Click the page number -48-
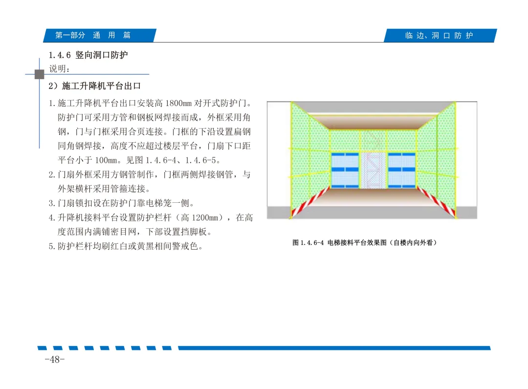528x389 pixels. pyautogui.click(x=55, y=359)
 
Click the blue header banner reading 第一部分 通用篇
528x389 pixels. pyautogui.click(x=100, y=35)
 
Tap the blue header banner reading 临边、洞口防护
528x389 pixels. pyautogui.click(x=440, y=35)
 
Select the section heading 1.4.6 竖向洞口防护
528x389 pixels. pyautogui.click(x=88, y=55)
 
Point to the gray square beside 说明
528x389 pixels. pyautogui.click(x=40, y=74)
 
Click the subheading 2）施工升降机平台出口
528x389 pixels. pyautogui.click(x=95, y=86)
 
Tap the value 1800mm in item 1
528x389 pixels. pyautogui.click(x=178, y=103)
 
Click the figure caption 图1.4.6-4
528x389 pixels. pyautogui.click(x=308, y=242)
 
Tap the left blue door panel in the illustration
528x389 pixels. pyautogui.click(x=345, y=170)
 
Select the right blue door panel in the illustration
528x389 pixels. pyautogui.click(x=402, y=170)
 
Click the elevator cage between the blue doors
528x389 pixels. pyautogui.click(x=373, y=170)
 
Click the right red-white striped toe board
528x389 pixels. pyautogui.click(x=437, y=202)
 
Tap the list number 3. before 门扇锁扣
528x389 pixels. pyautogui.click(x=52, y=203)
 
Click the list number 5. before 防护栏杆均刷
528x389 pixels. pyautogui.click(x=52, y=246)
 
